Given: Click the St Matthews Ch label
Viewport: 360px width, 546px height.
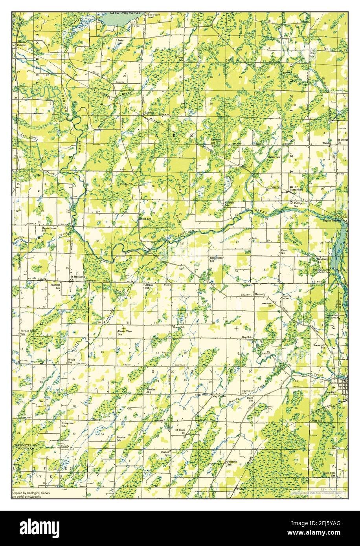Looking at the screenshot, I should tap(77, 278).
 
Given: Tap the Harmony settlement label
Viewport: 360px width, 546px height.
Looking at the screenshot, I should tap(260, 294).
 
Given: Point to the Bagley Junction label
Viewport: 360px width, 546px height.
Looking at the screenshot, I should tap(332, 221).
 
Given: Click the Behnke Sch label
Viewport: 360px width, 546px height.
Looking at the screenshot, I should tap(121, 438).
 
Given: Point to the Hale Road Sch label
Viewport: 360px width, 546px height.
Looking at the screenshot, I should tap(329, 474).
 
